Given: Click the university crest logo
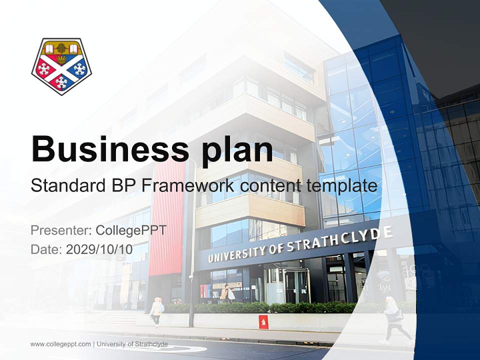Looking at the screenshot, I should [61, 66].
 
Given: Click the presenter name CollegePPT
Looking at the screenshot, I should [131, 230].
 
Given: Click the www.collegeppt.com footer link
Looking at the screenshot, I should [60, 344].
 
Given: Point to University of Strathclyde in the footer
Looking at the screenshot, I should [132, 344].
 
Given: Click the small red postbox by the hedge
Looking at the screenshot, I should [263, 322].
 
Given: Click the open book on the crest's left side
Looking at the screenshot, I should [50, 48].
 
